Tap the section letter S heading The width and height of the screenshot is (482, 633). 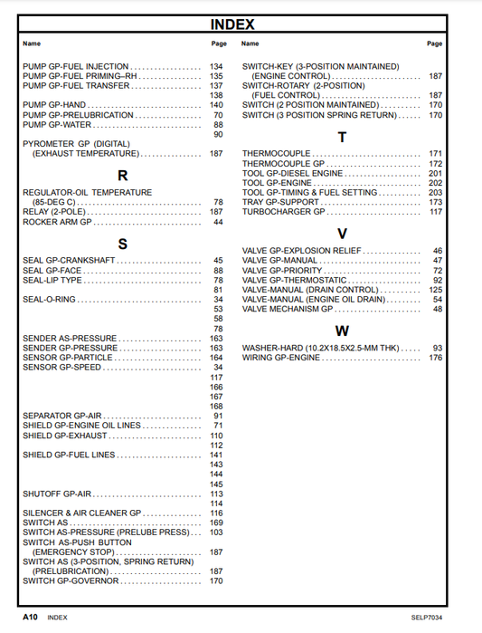122,244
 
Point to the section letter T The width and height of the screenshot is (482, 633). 342,138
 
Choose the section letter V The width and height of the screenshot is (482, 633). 342,233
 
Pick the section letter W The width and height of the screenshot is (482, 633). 342,331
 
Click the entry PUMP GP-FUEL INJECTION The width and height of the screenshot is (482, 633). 75,67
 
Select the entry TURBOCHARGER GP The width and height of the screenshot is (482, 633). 283,212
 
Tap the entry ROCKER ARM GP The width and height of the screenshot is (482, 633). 57,222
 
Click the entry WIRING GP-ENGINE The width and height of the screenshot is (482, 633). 281,358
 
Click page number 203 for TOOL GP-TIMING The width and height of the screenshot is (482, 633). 435,193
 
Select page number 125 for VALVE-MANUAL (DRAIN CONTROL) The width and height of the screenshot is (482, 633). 435,290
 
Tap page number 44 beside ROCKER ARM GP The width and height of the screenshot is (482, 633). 218,222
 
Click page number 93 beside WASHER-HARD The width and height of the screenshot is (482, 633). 438,348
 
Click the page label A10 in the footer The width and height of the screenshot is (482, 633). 31,617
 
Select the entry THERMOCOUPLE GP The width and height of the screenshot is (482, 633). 283,164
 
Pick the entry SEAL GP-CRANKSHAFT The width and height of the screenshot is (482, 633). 69,261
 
